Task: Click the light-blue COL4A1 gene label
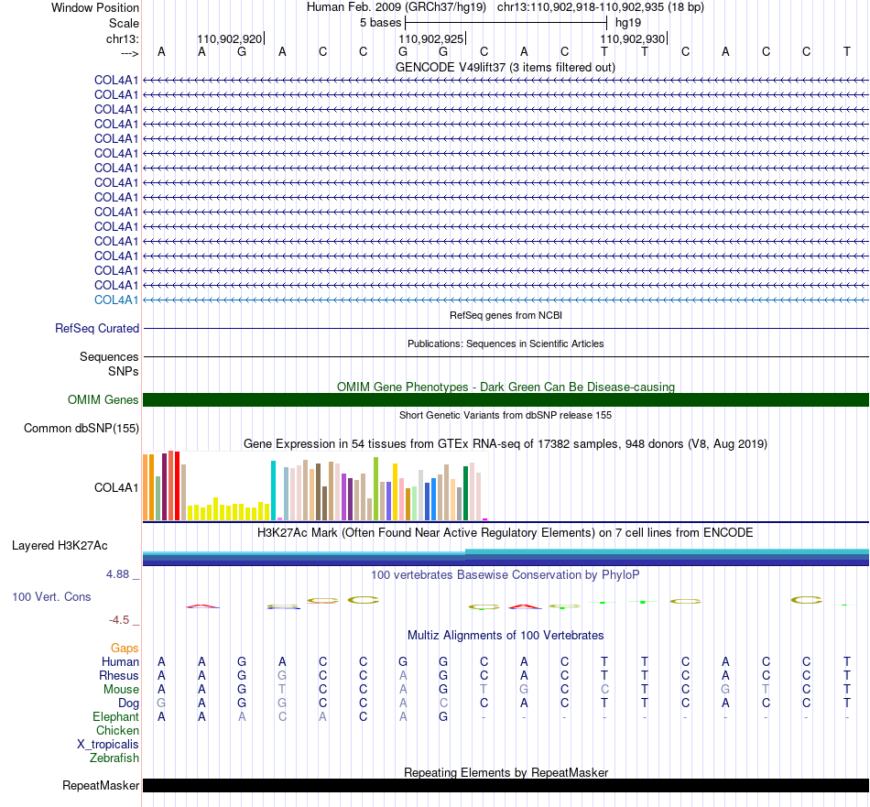pos(116,300)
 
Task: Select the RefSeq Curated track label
pos(97,328)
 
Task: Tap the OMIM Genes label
pos(103,399)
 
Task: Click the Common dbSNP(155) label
pos(82,428)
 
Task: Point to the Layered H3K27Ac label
pos(60,546)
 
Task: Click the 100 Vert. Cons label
pos(51,596)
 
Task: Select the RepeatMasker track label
pos(101,785)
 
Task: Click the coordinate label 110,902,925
pos(431,38)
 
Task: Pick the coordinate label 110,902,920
pos(230,38)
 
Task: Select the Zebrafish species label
pos(114,758)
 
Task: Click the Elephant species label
pos(116,716)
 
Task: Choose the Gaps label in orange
pos(125,648)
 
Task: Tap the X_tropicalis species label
pos(108,745)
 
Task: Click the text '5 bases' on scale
pos(381,23)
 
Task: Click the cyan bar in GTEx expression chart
pos(273,490)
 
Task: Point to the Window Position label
pos(95,7)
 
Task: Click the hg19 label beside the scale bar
pos(628,23)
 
